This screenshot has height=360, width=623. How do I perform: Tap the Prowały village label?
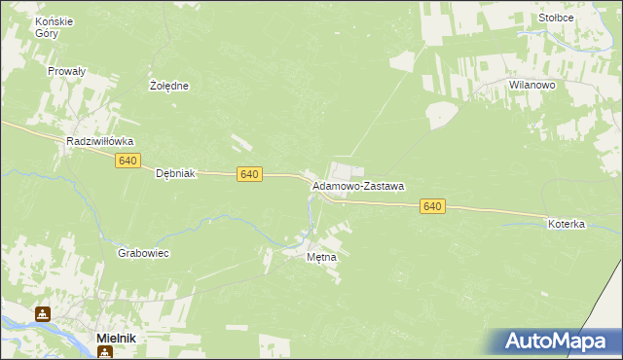point(67,71)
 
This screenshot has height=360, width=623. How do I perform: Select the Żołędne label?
point(168,86)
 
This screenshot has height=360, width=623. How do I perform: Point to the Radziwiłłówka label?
point(100,141)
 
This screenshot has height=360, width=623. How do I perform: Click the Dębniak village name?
point(176,173)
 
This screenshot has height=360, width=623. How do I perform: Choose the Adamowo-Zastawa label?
point(357,185)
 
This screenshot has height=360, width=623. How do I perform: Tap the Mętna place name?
point(321,258)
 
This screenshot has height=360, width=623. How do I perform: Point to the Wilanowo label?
point(531,86)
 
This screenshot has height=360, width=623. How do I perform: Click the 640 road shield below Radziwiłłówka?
point(128,160)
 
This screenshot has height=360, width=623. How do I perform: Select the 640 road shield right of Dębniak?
point(249,173)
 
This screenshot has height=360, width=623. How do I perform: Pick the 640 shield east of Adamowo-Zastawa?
point(433,206)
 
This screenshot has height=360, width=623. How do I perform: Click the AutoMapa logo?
point(556,342)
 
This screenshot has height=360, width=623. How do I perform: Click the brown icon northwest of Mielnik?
point(43,314)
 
